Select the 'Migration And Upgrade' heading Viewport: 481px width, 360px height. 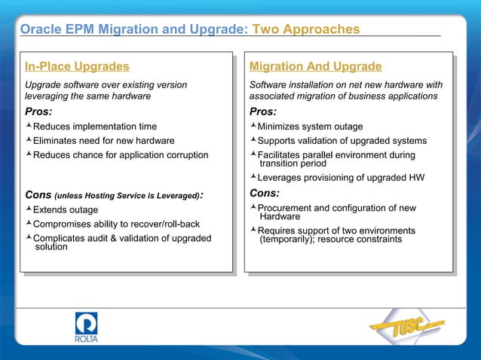(x=315, y=67)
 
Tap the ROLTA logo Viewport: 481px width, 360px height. (x=87, y=328)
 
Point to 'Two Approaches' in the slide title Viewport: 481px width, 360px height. (x=305, y=29)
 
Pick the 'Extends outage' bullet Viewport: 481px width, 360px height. (x=66, y=209)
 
